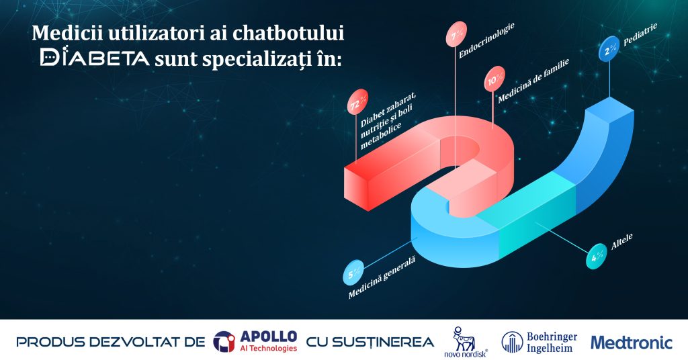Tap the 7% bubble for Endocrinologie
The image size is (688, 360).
click(456, 34)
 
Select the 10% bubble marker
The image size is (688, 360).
click(494, 79)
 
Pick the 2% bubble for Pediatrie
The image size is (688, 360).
click(609, 48)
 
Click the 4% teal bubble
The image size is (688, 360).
click(597, 256)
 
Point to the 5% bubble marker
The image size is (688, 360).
click(353, 272)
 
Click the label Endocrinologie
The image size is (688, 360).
click(486, 40)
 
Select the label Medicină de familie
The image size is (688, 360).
click(533, 80)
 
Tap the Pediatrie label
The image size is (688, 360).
click(640, 35)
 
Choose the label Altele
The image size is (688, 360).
click(621, 242)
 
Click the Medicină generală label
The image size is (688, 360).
click(382, 277)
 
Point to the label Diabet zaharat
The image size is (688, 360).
click(388, 109)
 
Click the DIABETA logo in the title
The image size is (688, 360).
click(94, 56)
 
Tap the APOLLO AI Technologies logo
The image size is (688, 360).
click(255, 342)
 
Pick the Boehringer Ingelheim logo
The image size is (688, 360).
click(540, 342)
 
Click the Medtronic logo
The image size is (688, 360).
click(632, 342)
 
